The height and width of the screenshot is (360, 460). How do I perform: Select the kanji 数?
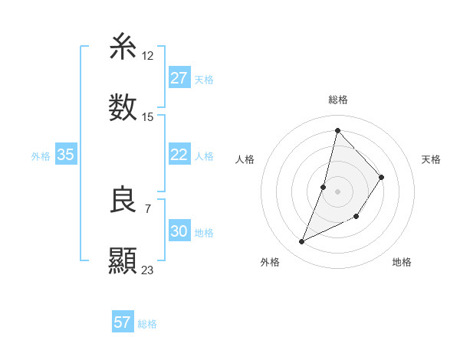pyautogui.click(x=123, y=107)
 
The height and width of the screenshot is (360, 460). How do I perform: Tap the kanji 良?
pyautogui.click(x=123, y=201)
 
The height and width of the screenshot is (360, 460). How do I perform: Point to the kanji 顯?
pyautogui.click(x=123, y=260)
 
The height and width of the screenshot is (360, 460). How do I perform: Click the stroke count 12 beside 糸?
pyautogui.click(x=148, y=57)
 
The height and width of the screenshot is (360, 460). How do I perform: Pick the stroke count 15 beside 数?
pyautogui.click(x=148, y=117)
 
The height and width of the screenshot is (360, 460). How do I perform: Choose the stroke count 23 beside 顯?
pyautogui.click(x=148, y=270)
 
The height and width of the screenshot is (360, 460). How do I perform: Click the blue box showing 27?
pyautogui.click(x=179, y=78)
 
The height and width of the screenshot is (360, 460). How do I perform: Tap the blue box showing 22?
pyautogui.click(x=179, y=155)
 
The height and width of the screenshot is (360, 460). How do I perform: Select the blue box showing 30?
pyautogui.click(x=179, y=231)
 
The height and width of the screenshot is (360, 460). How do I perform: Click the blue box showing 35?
pyautogui.click(x=65, y=155)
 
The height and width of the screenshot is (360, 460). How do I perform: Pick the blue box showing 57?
pyautogui.click(x=122, y=322)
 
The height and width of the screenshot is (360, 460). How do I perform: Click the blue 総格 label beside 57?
pyautogui.click(x=147, y=324)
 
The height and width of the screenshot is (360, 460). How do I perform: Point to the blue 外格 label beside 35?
pyautogui.click(x=41, y=156)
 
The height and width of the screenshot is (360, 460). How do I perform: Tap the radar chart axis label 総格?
pyautogui.click(x=338, y=100)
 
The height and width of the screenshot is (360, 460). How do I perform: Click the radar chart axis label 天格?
pyautogui.click(x=432, y=159)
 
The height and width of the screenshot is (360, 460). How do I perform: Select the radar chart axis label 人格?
pyautogui.click(x=245, y=159)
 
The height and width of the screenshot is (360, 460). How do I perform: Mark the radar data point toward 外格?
pyautogui.click(x=302, y=242)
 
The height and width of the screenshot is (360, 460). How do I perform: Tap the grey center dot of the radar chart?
pyautogui.click(x=338, y=191)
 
